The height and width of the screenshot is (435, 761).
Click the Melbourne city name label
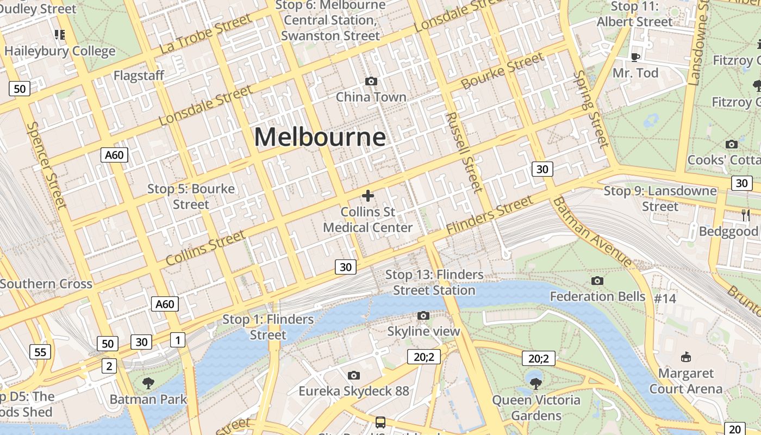320,137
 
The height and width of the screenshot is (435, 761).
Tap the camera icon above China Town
371,82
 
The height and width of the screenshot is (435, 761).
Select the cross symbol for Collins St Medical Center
368,196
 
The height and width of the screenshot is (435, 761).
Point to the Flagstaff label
139,76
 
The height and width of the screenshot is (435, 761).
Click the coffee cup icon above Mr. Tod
635,57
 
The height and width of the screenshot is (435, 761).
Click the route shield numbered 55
40,352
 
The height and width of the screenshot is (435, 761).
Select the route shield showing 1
177,340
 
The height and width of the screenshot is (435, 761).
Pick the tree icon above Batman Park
148,383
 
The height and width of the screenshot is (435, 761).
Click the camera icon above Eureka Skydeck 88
353,375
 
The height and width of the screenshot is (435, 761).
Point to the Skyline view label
423,331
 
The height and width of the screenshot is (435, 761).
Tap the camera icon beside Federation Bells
597,281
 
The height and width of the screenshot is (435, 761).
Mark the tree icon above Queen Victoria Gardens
535,383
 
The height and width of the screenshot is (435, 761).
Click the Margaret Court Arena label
685,381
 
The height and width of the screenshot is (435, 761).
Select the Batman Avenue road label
592,232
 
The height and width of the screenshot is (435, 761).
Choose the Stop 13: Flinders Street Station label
434,282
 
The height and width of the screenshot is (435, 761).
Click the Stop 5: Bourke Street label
191,196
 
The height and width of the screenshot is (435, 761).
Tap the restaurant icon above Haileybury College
60,35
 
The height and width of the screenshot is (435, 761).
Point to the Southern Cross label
46,284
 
